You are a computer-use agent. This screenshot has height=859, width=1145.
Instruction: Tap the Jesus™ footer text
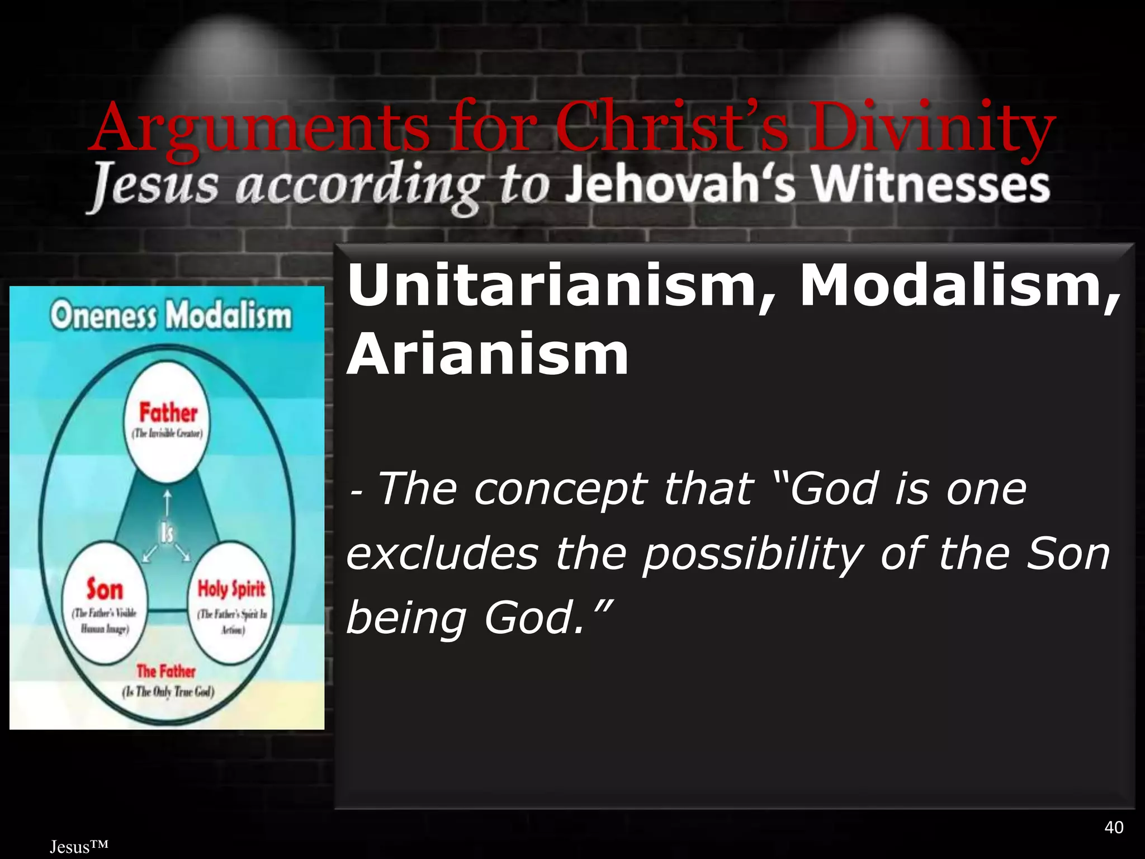coord(78,847)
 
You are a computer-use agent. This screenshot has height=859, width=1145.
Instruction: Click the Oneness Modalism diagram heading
coord(171,317)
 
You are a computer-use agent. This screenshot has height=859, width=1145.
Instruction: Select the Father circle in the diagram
coord(168,422)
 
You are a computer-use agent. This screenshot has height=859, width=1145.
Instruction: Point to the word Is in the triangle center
coord(167,533)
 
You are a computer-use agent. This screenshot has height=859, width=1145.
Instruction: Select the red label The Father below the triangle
coord(166,671)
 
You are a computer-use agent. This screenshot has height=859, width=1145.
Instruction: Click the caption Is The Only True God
coord(168,692)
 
